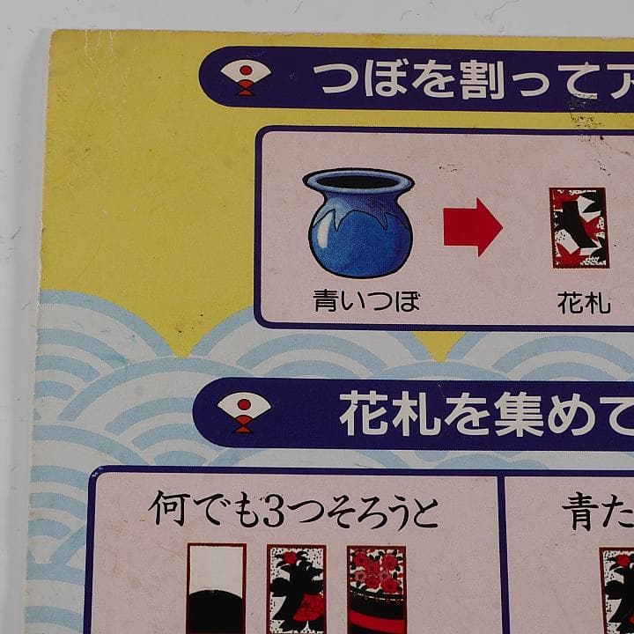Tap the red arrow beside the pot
point(472,227)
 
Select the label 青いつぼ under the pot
point(366,303)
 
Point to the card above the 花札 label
point(579,228)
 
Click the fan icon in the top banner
point(244,77)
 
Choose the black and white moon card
point(216,588)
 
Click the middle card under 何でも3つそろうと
point(296,588)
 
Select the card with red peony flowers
point(377,588)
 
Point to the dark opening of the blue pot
point(358,181)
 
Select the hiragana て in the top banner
point(566,82)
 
